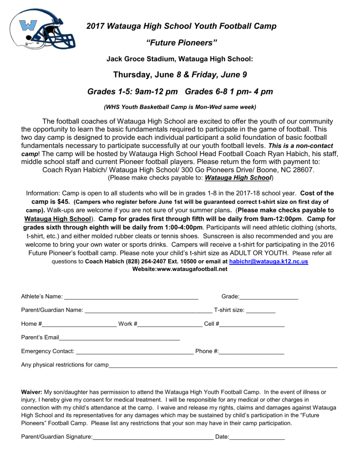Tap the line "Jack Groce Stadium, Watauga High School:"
click(x=180, y=60)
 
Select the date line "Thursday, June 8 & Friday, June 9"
click(x=180, y=75)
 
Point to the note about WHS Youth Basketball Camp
click(x=180, y=107)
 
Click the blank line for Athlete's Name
click(x=131, y=298)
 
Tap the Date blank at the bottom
click(x=257, y=438)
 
